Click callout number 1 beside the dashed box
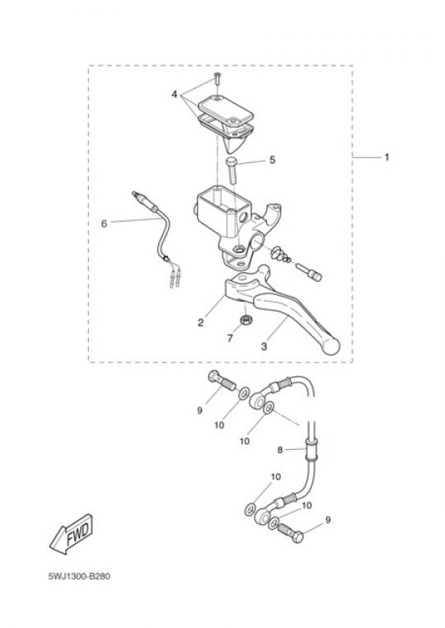[x=386, y=157]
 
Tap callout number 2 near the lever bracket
[x=201, y=322]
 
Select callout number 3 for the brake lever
[x=264, y=346]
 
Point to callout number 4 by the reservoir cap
[x=174, y=95]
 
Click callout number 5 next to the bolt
[x=273, y=160]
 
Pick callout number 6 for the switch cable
[x=104, y=223]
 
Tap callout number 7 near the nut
[x=230, y=339]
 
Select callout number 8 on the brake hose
[x=280, y=450]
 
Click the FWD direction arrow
[x=72, y=534]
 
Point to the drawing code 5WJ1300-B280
[x=79, y=576]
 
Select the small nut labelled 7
[x=245, y=320]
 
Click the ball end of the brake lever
[x=330, y=345]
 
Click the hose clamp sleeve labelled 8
[x=311, y=450]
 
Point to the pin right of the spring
[x=309, y=271]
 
